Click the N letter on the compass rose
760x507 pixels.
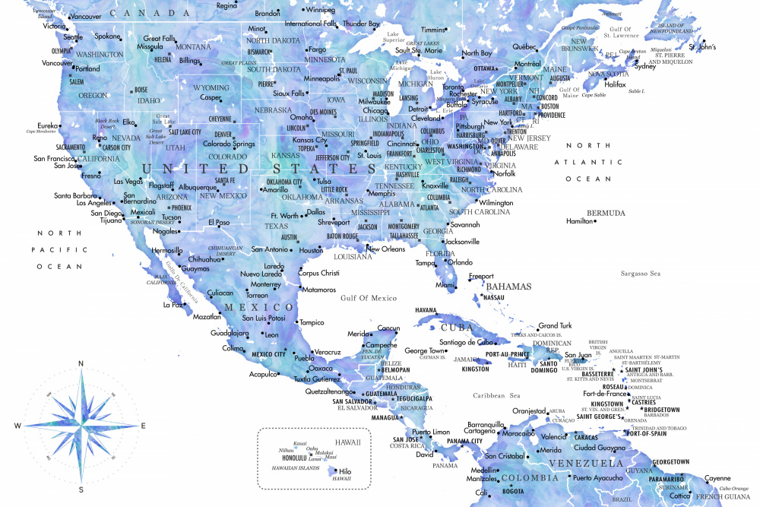tap(81, 364)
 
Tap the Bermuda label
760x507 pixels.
tap(606, 213)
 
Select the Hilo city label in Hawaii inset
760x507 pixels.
tap(344, 471)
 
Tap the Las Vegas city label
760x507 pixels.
tap(128, 182)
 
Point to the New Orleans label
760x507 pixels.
tap(386, 249)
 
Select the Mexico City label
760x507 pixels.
tap(268, 354)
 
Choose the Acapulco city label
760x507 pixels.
tap(264, 374)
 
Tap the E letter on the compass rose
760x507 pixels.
tap(143, 426)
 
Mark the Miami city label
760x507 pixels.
tap(445, 285)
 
